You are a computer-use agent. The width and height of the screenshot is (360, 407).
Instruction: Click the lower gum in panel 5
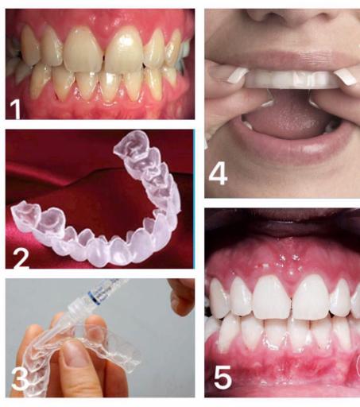278,366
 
